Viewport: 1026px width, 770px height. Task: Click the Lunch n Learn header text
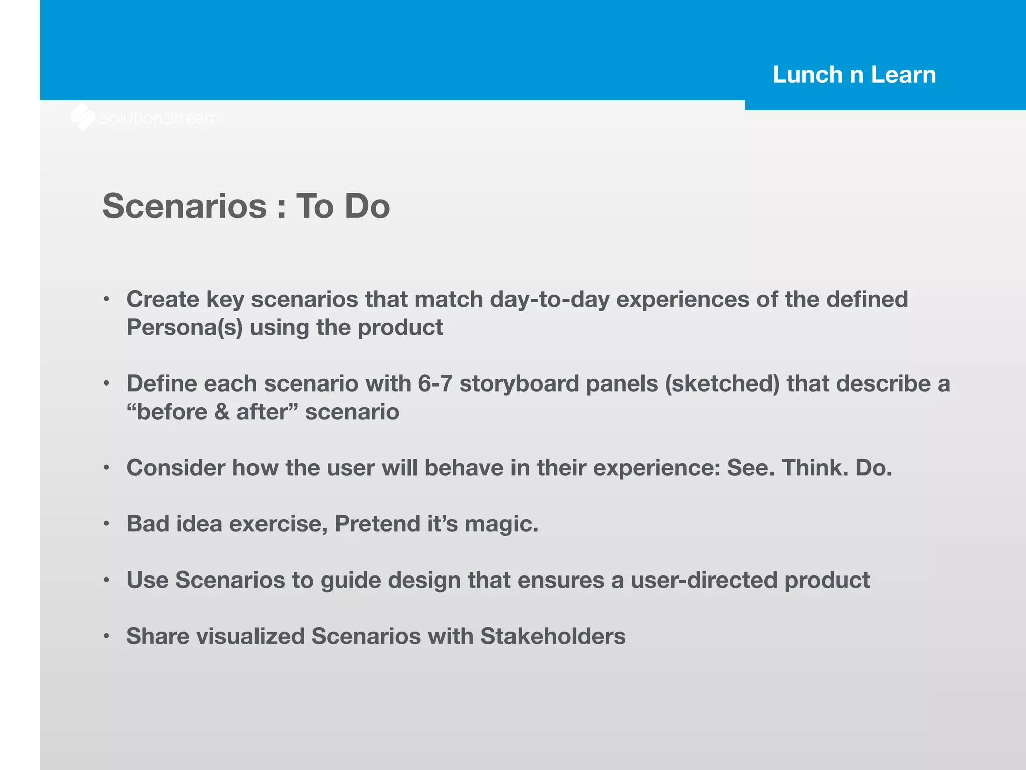[x=854, y=75]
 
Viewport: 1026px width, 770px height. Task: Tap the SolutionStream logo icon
[x=83, y=117]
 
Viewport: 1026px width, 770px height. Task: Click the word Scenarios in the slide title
[x=184, y=206]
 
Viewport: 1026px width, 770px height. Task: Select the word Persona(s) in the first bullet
[x=184, y=328]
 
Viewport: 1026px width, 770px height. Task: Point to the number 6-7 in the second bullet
[x=435, y=383]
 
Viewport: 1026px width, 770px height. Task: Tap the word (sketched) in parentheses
[x=722, y=383]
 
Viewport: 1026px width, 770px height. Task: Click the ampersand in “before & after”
[x=222, y=412]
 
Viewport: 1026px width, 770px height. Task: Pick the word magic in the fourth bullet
[x=501, y=524]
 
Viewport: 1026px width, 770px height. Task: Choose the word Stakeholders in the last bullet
[x=553, y=636]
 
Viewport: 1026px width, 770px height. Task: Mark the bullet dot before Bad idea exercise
[x=106, y=524]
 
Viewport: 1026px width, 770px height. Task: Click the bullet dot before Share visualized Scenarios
[x=106, y=636]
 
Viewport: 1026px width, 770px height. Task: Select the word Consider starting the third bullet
[x=176, y=468]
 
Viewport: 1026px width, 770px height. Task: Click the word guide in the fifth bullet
[x=350, y=581]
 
